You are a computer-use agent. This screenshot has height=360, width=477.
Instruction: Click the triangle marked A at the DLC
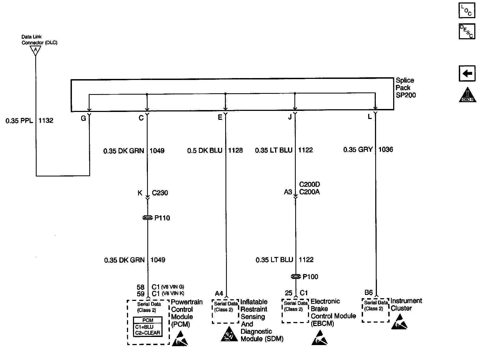[x=35, y=50]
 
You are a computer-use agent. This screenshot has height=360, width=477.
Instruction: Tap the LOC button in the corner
[x=466, y=11]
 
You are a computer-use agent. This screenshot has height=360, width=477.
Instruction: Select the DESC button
[x=466, y=31]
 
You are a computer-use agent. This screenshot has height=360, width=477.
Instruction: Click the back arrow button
[x=467, y=73]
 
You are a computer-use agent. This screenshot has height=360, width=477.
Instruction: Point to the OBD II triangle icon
[x=467, y=95]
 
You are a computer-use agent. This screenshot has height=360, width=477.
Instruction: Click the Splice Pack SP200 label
[x=405, y=88]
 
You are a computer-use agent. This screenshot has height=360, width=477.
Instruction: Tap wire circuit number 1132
[x=46, y=121]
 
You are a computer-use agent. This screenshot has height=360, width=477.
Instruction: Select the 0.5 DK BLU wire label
[x=205, y=150]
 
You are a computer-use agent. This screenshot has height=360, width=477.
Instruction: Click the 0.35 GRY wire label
[x=358, y=150]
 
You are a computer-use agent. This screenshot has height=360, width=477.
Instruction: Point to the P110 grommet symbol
[x=148, y=218]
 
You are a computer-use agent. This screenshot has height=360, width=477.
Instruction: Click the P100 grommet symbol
[x=295, y=277]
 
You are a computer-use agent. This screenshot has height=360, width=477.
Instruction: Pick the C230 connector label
[x=160, y=193]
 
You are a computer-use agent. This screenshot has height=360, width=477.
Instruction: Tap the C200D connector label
[x=309, y=185]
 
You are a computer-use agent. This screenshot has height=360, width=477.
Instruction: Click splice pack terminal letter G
[x=83, y=118]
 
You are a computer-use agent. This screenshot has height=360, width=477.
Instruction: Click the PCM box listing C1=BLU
[x=148, y=327]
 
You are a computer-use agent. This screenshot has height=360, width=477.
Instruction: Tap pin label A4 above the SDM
[x=219, y=294]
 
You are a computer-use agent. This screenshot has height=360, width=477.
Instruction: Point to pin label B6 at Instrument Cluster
[x=368, y=292]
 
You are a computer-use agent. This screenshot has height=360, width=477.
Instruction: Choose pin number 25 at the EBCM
[x=289, y=293]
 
